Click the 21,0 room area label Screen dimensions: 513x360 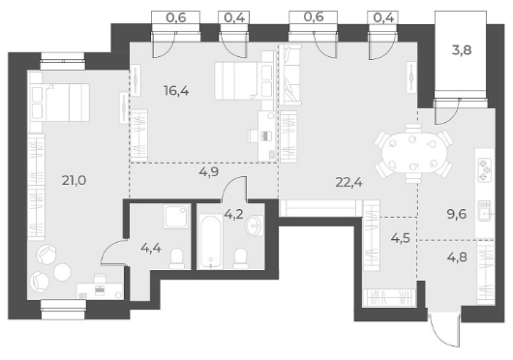[74, 180]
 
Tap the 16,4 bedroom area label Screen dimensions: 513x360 [176, 91]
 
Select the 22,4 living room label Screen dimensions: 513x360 [348, 183]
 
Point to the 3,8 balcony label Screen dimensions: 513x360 [462, 50]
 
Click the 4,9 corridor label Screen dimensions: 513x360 [209, 171]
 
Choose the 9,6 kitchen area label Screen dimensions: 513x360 [457, 215]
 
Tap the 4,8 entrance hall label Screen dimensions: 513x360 [457, 257]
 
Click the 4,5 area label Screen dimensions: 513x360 [401, 238]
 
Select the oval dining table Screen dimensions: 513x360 [413, 153]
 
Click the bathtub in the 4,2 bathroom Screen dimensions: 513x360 [211, 241]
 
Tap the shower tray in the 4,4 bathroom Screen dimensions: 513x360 [177, 216]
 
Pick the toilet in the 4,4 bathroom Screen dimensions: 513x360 [177, 258]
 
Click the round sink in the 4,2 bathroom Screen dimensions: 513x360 [256, 225]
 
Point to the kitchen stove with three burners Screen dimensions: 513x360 [484, 169]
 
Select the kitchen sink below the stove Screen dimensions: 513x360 [485, 211]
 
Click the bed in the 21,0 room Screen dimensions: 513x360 [60, 102]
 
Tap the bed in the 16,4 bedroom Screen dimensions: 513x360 [243, 81]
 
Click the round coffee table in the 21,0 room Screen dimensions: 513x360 [62, 272]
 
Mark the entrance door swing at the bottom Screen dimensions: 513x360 [443, 330]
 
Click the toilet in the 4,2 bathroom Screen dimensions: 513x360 [241, 258]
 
